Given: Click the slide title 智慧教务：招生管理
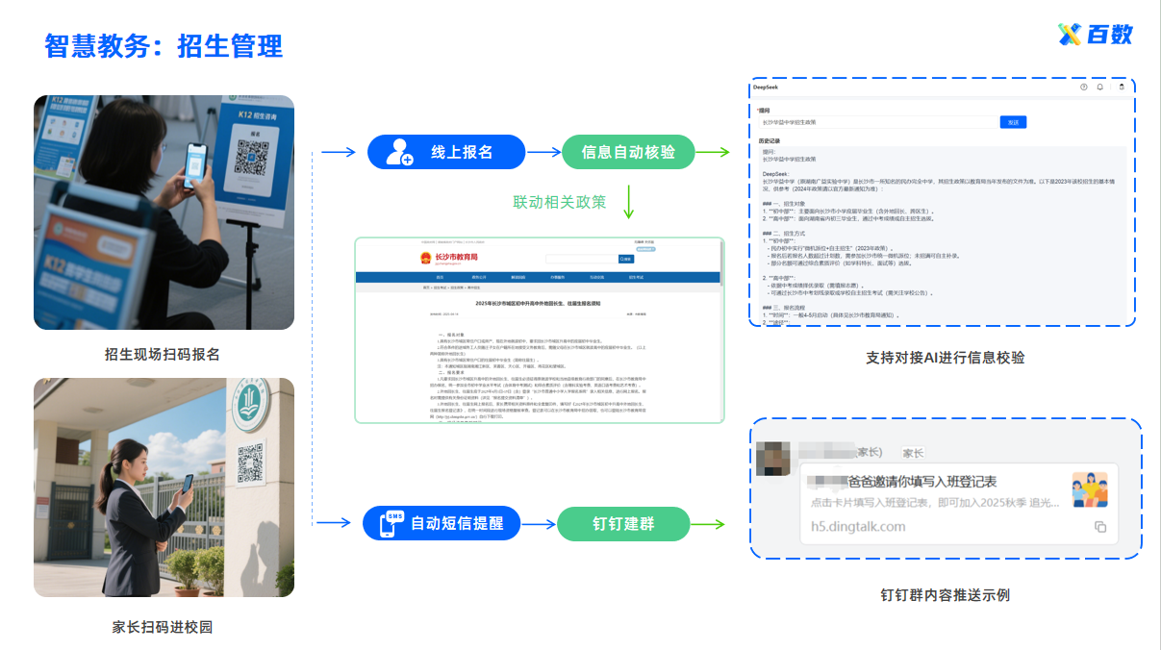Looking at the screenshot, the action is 164,45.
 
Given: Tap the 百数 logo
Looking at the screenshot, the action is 1096,35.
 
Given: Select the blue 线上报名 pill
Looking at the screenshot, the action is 446,152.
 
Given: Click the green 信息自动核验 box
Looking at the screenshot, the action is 628,152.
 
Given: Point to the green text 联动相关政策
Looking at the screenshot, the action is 560,202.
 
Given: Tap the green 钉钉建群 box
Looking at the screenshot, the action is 623,523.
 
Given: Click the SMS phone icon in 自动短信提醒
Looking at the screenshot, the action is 391,523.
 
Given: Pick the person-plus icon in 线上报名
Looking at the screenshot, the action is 398,152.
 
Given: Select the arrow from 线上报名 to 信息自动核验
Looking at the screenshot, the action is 544,152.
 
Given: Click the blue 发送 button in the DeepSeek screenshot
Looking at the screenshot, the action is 1014,122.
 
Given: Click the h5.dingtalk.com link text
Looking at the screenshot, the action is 858,526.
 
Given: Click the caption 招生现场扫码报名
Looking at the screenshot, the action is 163,355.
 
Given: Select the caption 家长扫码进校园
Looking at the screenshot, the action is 163,627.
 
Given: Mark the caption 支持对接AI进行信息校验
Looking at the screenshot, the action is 945,358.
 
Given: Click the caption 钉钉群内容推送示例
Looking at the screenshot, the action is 945,595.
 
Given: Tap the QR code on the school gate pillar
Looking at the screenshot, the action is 250,461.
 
